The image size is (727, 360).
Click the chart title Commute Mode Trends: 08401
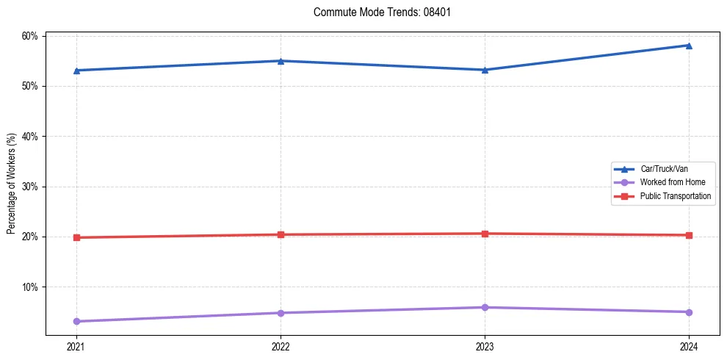(x=376, y=12)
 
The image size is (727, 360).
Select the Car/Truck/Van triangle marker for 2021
(x=76, y=71)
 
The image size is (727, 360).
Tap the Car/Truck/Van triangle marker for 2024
(x=689, y=46)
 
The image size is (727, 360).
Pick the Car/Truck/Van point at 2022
(x=281, y=61)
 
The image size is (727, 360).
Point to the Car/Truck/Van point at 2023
(x=485, y=70)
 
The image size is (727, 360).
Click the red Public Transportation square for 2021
(x=76, y=237)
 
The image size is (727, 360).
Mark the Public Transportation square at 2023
(x=485, y=234)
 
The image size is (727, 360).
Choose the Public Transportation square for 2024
(x=689, y=235)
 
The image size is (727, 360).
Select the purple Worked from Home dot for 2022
(x=281, y=313)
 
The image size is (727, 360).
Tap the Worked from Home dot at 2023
(x=485, y=307)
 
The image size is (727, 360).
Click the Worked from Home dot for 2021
(x=76, y=321)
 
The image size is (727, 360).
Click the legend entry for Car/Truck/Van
(x=663, y=169)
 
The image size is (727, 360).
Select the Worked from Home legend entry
(x=670, y=182)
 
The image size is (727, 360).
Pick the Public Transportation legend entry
(x=675, y=196)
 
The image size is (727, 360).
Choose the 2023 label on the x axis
(x=485, y=347)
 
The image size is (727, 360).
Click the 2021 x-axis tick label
(x=76, y=347)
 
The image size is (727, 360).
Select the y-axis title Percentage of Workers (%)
(x=12, y=184)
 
